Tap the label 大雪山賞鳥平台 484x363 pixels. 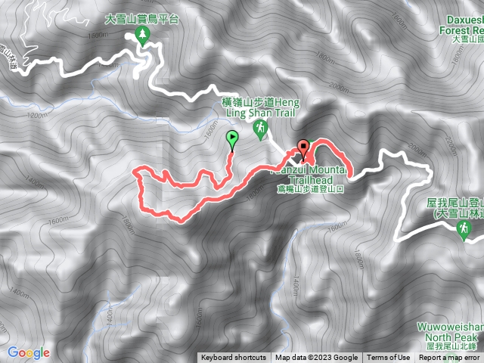pyautogui.click(x=141, y=19)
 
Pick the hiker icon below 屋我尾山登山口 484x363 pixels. pyautogui.click(x=464, y=233)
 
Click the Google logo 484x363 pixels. pyautogui.click(x=29, y=352)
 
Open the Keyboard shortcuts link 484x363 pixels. pyautogui.click(x=234, y=358)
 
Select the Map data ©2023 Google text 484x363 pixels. pyautogui.click(x=316, y=358)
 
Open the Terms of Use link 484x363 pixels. pyautogui.click(x=389, y=358)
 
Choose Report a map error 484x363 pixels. pyautogui.click(x=449, y=358)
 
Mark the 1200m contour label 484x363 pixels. pyautogui.click(x=37, y=116)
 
